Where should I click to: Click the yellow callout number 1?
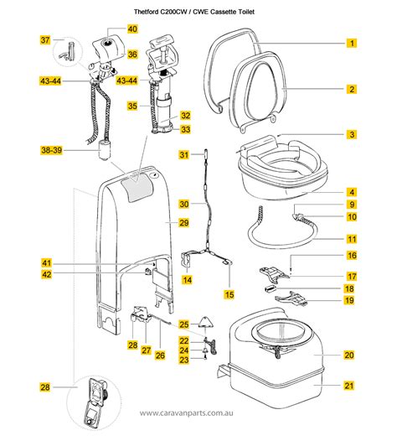353,43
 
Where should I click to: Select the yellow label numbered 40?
132,29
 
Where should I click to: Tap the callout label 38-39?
50,150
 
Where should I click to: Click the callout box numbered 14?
187,279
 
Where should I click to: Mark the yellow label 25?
184,322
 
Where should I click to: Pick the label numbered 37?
46,40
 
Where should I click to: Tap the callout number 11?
353,239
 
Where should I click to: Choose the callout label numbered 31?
184,155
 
